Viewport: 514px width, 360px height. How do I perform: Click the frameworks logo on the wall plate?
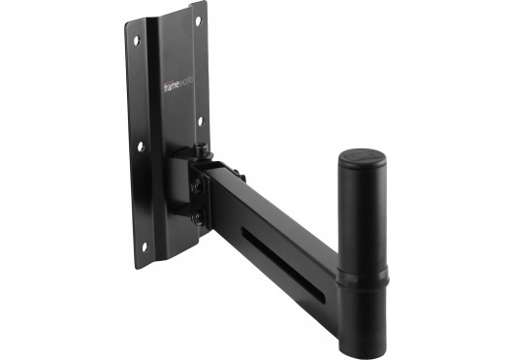click(x=180, y=85)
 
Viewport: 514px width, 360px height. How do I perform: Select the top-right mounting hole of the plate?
click(x=198, y=20)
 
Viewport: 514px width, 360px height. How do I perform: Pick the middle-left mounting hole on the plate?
click(x=141, y=146)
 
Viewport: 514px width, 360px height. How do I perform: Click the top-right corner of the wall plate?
click(x=207, y=4)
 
